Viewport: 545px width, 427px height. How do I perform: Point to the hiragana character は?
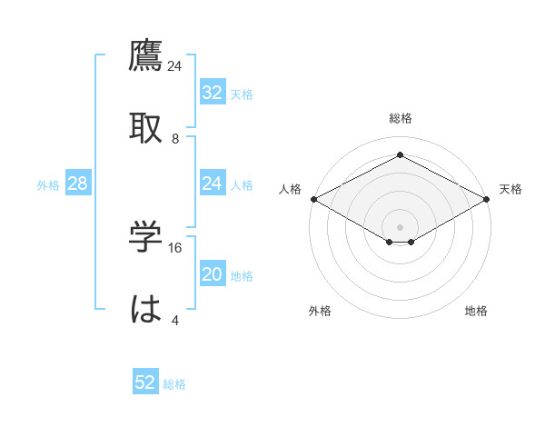(x=146, y=310)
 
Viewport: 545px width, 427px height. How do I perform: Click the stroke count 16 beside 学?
(x=176, y=247)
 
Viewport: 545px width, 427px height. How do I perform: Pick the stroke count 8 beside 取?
(x=175, y=138)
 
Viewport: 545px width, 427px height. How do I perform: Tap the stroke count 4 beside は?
(x=175, y=320)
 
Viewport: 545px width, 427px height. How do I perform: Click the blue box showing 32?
(x=212, y=93)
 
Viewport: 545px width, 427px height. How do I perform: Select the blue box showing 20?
(x=212, y=274)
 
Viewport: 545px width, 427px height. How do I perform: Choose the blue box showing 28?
(x=77, y=184)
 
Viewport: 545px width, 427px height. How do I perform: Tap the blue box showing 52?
(x=145, y=382)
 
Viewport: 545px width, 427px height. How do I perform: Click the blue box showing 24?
(x=212, y=184)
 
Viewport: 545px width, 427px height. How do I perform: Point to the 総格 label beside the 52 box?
(x=174, y=384)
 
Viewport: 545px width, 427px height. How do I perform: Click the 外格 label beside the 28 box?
(x=48, y=185)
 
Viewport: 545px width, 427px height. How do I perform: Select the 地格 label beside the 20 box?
(x=242, y=276)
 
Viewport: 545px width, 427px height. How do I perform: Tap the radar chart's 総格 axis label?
(x=400, y=118)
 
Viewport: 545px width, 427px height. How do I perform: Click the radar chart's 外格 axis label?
(x=320, y=311)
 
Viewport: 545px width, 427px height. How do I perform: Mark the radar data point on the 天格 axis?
(x=488, y=199)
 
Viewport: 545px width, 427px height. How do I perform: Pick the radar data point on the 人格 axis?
(x=312, y=199)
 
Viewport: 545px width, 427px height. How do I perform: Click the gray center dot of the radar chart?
(x=400, y=225)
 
